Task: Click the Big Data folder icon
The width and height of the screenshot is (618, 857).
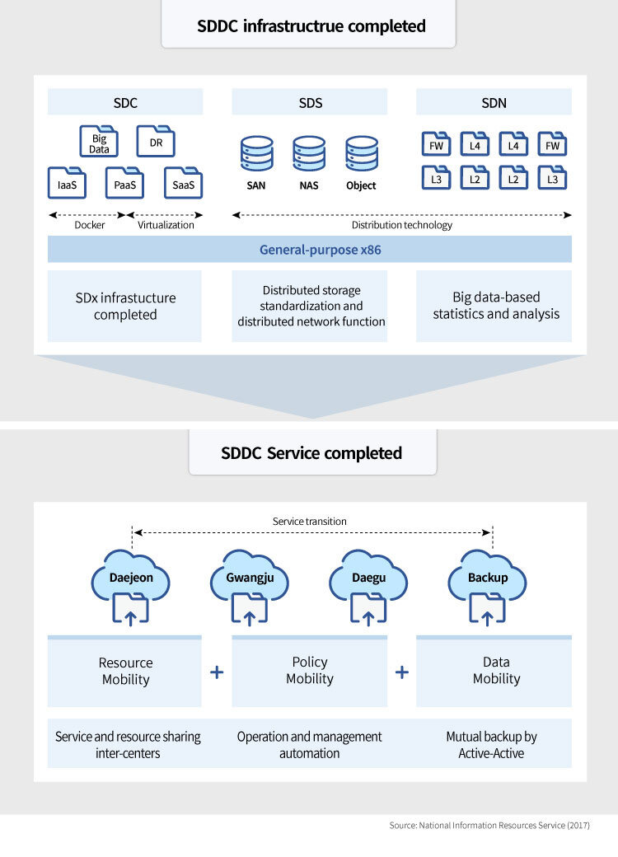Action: coord(99,142)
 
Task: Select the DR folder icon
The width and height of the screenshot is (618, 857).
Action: coord(156,142)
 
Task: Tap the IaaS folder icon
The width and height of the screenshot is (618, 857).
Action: coord(67,183)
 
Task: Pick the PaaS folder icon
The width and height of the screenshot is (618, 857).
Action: coord(125,183)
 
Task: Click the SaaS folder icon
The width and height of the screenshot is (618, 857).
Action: coord(183,183)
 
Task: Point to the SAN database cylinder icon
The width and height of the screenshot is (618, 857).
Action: coord(256,155)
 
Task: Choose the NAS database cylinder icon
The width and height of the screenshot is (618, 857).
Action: coord(309,155)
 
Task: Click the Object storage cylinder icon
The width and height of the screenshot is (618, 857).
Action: coord(361,155)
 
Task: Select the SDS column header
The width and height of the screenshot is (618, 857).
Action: coord(309,103)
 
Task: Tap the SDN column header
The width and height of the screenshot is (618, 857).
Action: coord(494,103)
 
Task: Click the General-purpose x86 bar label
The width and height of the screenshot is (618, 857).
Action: coord(309,250)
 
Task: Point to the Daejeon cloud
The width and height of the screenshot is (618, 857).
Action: coord(131,578)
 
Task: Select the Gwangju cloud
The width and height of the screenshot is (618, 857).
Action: coord(250,578)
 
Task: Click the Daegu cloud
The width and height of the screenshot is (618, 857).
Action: coord(368,578)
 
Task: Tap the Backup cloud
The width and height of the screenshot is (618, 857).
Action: coord(488,578)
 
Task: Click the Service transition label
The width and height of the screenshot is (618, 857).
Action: coord(309,522)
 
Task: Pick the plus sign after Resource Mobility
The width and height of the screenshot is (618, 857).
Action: coord(217,672)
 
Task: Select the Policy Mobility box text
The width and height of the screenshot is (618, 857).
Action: coord(309,671)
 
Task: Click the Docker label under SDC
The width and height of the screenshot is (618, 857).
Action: coord(90,225)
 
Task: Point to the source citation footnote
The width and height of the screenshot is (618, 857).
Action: coord(489,825)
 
